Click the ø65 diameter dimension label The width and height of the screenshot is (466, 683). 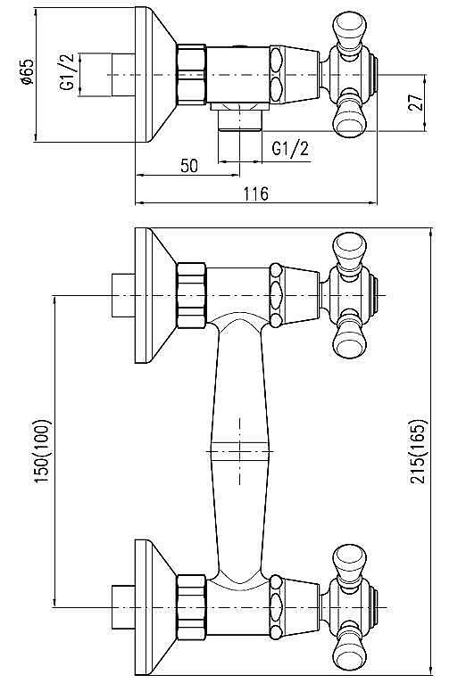(x=28, y=73)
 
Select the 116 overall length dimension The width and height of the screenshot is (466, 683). (x=255, y=194)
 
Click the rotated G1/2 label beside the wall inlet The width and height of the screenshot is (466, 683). (x=66, y=74)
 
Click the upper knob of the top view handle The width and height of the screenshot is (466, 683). (x=346, y=27)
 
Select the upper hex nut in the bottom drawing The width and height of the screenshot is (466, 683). (x=192, y=294)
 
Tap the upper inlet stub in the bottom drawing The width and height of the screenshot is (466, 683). (x=121, y=294)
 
